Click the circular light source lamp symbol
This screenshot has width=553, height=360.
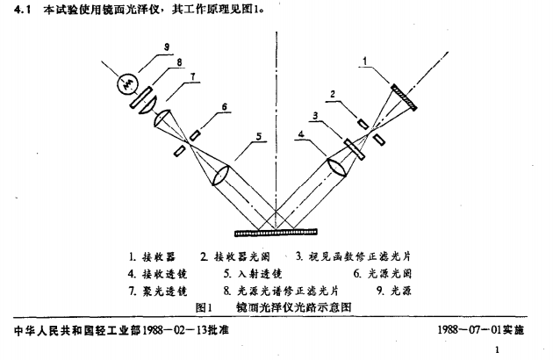click(x=127, y=83)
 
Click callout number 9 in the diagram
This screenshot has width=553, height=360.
click(x=167, y=47)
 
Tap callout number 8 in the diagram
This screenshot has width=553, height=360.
click(x=180, y=62)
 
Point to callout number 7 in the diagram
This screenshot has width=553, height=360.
click(x=192, y=76)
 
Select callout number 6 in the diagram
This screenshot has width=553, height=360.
click(x=225, y=106)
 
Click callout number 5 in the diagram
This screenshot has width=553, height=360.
click(x=259, y=136)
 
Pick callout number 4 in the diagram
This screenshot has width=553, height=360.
click(x=301, y=134)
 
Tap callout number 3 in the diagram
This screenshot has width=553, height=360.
click(x=315, y=115)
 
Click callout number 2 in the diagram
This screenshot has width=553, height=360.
click(x=332, y=95)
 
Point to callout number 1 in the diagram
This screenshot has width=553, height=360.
click(x=365, y=61)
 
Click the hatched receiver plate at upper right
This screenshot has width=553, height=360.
click(x=404, y=97)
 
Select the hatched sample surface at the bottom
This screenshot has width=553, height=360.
click(x=276, y=232)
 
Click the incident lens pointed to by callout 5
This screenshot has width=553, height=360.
click(x=220, y=176)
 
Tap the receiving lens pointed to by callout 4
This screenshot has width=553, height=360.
click(x=337, y=167)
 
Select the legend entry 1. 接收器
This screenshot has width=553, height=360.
click(x=152, y=257)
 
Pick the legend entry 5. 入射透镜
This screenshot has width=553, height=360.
click(x=253, y=274)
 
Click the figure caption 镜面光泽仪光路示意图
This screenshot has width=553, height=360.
click(x=294, y=307)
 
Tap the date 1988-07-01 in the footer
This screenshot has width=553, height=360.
click(x=470, y=329)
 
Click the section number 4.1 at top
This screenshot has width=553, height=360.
click(x=23, y=10)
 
